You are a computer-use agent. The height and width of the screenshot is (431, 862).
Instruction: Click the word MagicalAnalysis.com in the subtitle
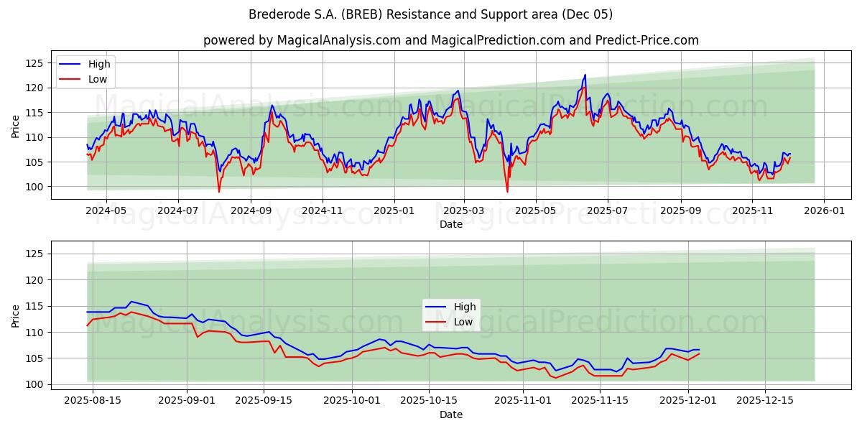(x=339, y=40)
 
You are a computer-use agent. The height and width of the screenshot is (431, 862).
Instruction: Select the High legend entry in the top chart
(x=99, y=64)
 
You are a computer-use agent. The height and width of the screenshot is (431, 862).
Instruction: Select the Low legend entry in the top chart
(x=98, y=79)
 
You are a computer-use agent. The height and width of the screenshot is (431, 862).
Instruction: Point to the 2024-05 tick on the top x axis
(x=106, y=211)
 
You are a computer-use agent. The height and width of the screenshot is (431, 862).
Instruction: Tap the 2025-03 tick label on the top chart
(x=464, y=211)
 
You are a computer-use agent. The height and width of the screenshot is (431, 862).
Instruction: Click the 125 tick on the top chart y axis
(x=34, y=63)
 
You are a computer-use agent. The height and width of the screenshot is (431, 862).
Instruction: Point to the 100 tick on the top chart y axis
(x=34, y=187)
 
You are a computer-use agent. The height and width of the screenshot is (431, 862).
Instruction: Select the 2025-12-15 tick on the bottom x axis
(x=764, y=400)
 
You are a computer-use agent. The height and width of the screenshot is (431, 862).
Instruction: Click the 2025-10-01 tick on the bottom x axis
(x=352, y=400)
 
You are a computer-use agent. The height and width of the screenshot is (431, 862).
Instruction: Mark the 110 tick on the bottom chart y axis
(x=34, y=332)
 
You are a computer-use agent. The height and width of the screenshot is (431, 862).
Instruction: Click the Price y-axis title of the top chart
(x=16, y=125)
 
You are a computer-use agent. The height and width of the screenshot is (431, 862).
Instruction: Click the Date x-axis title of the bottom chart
(x=450, y=414)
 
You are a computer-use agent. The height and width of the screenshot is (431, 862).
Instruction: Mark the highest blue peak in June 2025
(x=585, y=75)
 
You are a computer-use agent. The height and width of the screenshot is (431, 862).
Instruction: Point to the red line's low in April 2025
(x=507, y=191)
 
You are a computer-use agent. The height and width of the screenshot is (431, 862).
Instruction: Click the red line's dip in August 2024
(x=219, y=191)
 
